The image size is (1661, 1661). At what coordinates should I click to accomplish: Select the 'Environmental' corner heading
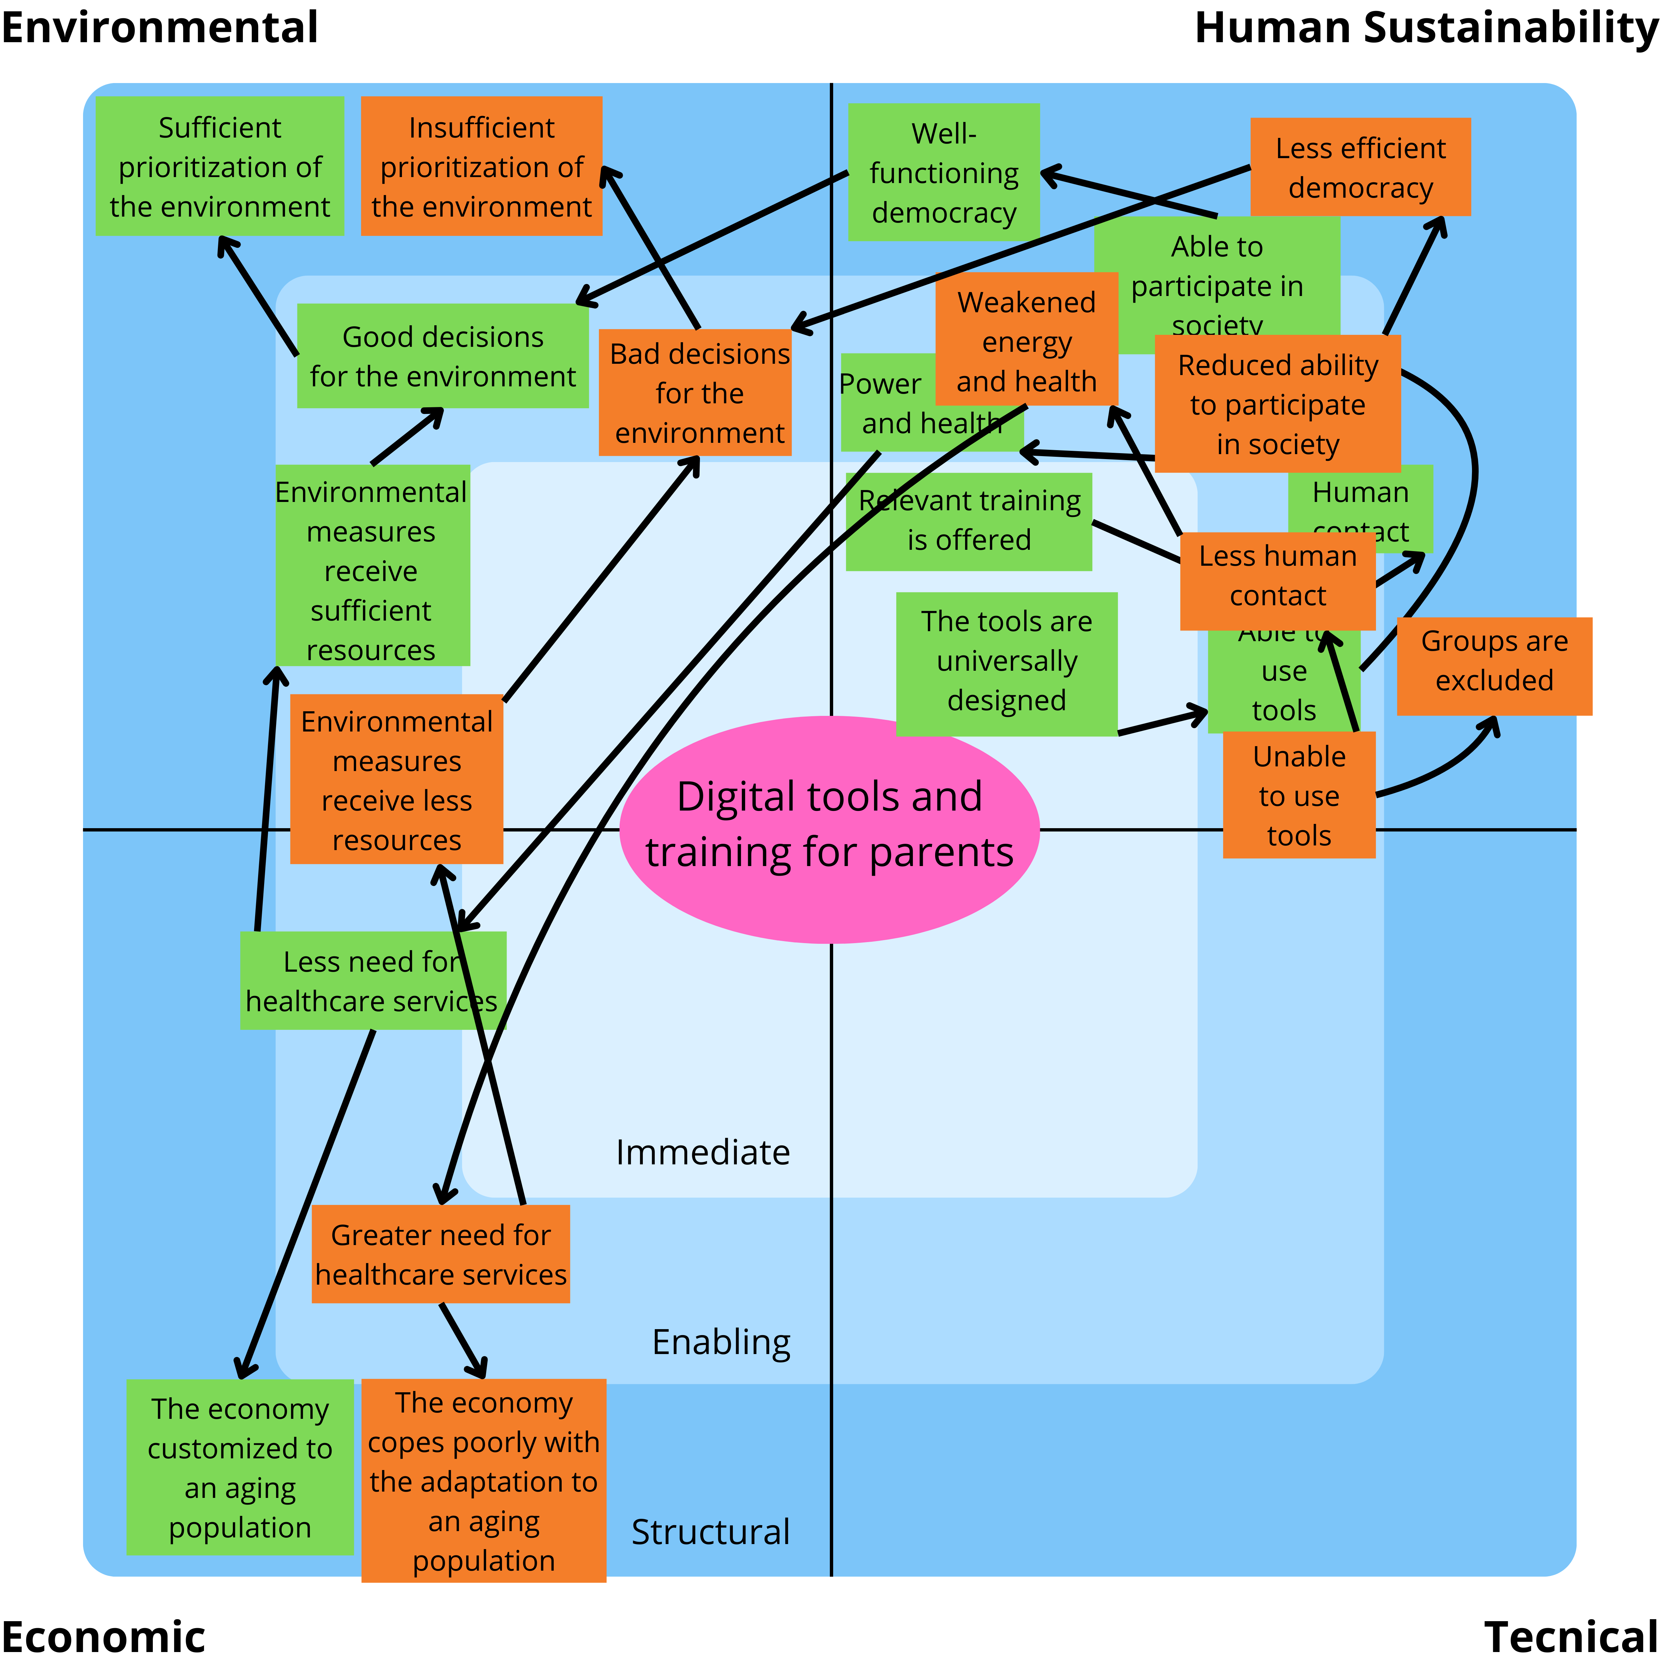click(x=160, y=28)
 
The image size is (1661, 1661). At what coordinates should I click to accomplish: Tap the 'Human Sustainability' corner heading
click(x=1425, y=28)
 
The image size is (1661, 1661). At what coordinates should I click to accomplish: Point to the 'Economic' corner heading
click(x=103, y=1635)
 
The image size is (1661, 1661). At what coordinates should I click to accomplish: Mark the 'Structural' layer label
click(x=710, y=1532)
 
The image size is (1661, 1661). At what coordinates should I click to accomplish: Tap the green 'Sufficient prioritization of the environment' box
click(x=220, y=166)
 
